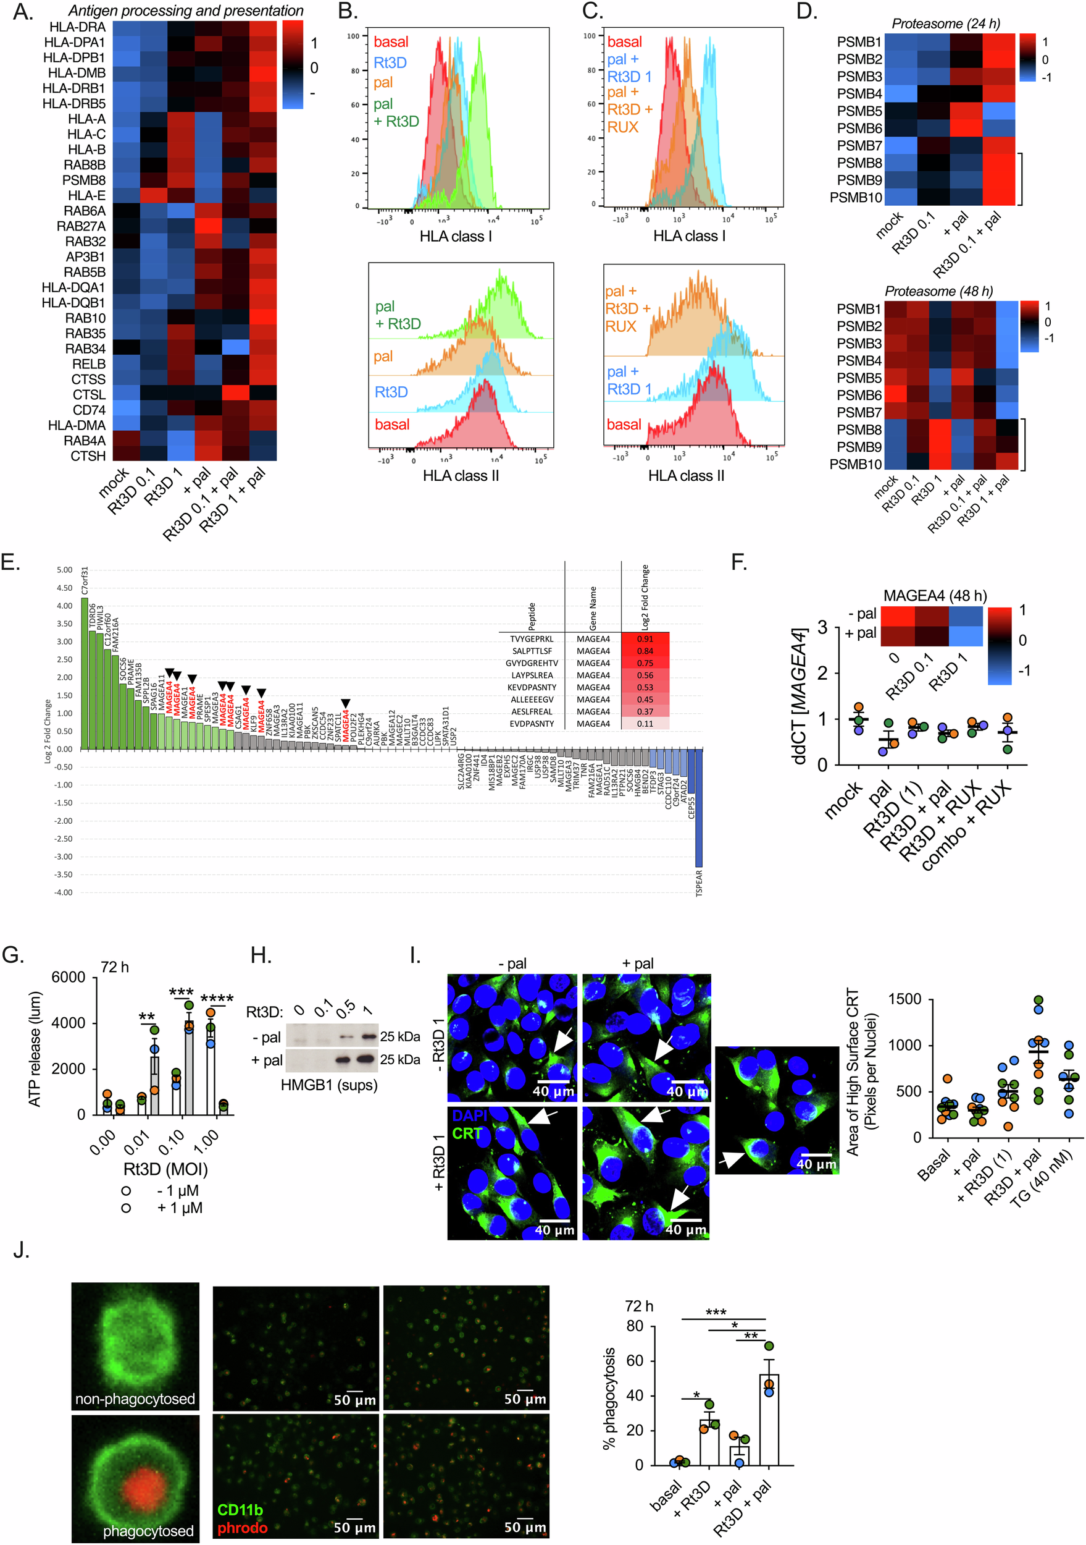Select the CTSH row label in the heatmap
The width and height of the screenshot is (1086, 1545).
tap(88, 455)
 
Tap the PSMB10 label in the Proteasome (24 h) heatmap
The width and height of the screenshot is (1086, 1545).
tap(855, 197)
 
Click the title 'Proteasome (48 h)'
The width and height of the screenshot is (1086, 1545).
tap(938, 291)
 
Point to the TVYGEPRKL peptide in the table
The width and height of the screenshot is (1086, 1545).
tap(531, 638)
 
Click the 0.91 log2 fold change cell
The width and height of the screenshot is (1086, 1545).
tap(645, 638)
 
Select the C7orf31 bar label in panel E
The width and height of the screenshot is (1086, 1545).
tap(85, 581)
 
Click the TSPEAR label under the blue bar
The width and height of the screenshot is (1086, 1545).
tap(699, 883)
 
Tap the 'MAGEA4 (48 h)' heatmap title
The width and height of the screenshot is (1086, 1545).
tap(935, 596)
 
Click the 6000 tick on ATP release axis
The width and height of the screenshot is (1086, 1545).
tap(69, 977)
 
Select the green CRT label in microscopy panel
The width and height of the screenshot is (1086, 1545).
tap(467, 1134)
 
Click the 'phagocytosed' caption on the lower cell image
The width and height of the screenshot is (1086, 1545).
tap(148, 1531)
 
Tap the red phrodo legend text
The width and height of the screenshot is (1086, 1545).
tap(242, 1528)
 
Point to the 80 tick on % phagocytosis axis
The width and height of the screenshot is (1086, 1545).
tap(635, 1326)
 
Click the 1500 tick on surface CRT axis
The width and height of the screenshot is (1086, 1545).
tap(904, 999)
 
